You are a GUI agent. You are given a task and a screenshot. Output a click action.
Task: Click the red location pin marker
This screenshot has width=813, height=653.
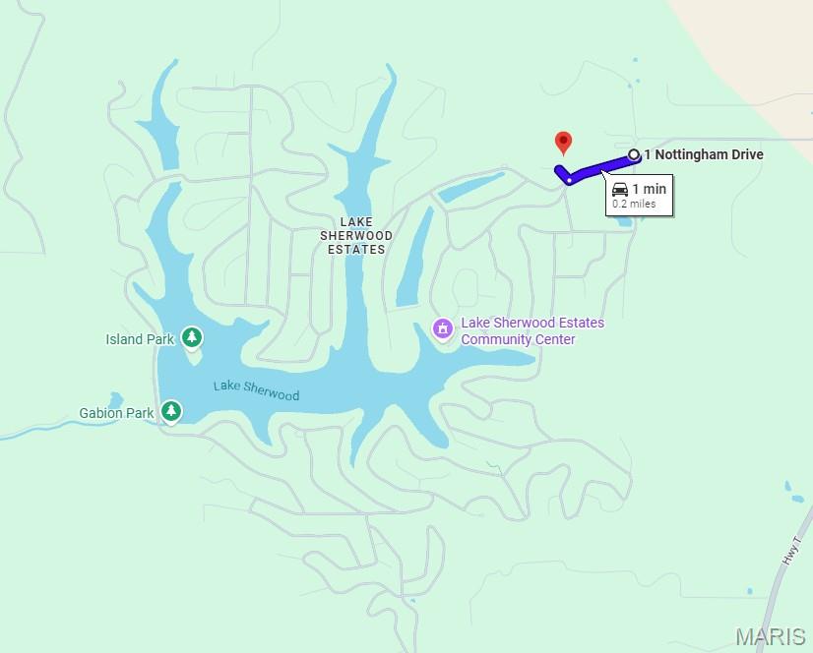point(563,143)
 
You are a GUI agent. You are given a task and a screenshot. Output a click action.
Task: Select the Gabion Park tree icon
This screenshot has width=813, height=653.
point(171,411)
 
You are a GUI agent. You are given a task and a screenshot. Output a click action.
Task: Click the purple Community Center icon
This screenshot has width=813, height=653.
point(443,328)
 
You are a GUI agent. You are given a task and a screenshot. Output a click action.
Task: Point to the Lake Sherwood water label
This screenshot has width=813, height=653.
point(256,390)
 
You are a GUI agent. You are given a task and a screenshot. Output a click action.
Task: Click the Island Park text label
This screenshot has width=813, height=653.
point(140,339)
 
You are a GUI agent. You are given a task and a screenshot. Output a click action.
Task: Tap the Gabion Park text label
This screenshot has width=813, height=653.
point(115,413)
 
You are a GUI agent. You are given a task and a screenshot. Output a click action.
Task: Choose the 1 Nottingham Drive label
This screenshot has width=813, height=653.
point(704,154)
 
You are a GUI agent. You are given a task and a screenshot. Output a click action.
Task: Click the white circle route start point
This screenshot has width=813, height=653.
point(634,154)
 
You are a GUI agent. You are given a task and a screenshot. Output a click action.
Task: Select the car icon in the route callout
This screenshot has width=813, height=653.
point(620,189)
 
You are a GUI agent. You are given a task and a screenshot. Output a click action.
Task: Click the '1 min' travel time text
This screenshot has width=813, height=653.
point(649,189)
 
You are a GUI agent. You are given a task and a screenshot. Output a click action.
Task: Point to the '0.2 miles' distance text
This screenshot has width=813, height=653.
point(634,205)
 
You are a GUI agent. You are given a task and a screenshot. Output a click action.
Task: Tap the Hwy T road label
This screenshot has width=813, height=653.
point(790,550)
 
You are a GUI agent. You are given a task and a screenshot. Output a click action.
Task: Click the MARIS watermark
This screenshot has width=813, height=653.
point(771,636)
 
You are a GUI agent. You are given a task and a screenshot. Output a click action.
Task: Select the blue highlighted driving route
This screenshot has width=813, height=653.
point(600,168)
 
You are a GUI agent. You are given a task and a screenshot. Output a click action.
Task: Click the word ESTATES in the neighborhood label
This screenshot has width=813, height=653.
point(356,250)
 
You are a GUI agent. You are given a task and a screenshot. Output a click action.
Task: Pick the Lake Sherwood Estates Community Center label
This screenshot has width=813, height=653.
point(532,331)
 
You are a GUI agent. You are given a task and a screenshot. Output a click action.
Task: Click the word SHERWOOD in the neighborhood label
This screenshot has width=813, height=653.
point(356,236)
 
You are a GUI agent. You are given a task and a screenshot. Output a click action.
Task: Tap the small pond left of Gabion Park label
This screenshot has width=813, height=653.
point(115,398)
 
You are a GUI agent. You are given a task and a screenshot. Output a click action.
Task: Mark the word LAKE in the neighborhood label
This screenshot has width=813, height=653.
point(356,222)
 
